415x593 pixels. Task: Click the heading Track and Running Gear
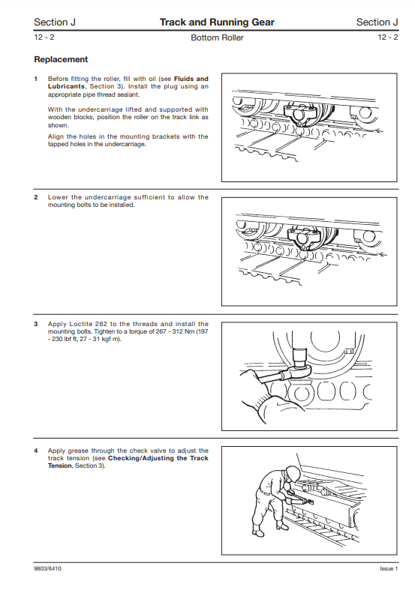point(217,22)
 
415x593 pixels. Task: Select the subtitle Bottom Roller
point(217,37)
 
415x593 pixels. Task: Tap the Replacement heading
point(61,59)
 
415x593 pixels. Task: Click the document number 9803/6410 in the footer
point(47,568)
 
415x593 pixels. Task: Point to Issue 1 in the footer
point(389,568)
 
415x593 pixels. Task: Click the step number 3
point(36,324)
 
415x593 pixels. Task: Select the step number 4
point(36,451)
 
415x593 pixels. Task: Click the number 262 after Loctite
point(101,324)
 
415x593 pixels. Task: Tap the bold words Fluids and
point(191,79)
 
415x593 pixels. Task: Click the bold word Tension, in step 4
point(60,466)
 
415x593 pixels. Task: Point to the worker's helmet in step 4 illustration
point(293,472)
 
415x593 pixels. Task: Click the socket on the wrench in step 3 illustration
point(301,358)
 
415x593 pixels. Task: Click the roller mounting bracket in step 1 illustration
point(302,114)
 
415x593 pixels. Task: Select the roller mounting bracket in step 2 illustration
point(305,238)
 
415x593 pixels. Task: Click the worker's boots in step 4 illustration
point(269,529)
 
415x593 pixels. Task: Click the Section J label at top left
point(55,22)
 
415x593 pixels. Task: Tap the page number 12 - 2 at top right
point(388,37)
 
